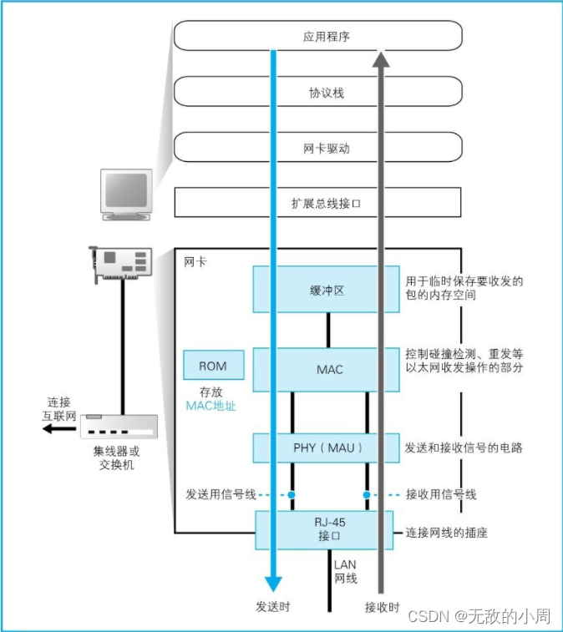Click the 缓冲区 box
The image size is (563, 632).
327,290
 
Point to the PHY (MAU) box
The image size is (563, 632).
327,447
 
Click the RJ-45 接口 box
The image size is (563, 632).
327,530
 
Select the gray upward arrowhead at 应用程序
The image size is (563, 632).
381,58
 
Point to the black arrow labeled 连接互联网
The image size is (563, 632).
58,428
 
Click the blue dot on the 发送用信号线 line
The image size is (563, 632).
292,494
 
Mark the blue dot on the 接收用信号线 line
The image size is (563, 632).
366,494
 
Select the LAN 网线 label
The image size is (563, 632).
345,571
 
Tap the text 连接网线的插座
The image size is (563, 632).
447,532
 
